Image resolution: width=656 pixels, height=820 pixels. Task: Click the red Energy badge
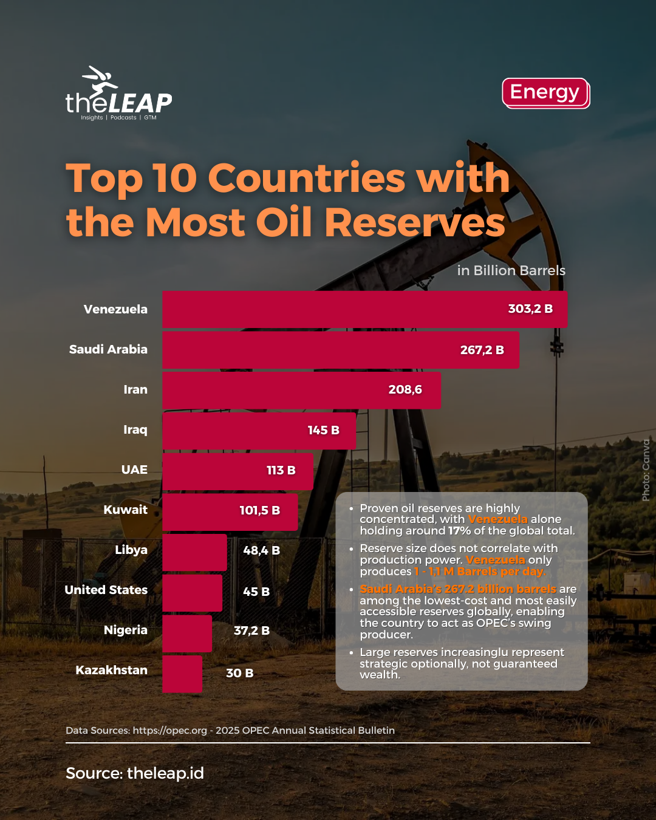click(545, 92)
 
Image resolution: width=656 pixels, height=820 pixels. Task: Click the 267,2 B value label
click(482, 350)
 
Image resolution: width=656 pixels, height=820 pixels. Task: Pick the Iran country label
click(135, 389)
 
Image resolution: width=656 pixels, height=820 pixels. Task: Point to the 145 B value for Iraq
click(323, 430)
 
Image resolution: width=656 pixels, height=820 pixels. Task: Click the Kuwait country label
click(125, 510)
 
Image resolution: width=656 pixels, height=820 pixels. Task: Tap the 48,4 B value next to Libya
click(261, 550)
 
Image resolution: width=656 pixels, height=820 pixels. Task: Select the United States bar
click(192, 592)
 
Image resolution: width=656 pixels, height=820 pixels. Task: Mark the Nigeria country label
click(125, 630)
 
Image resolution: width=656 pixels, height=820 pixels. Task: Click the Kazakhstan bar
click(182, 674)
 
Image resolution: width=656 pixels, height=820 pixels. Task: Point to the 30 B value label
click(239, 673)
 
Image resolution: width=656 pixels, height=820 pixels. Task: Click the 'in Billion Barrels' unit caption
click(511, 270)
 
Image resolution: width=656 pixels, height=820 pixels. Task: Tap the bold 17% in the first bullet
click(459, 531)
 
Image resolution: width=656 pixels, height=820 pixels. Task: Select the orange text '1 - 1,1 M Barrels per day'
click(479, 572)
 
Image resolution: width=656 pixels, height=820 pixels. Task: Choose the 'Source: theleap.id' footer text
click(135, 773)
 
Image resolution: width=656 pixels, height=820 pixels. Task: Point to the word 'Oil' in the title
click(285, 222)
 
